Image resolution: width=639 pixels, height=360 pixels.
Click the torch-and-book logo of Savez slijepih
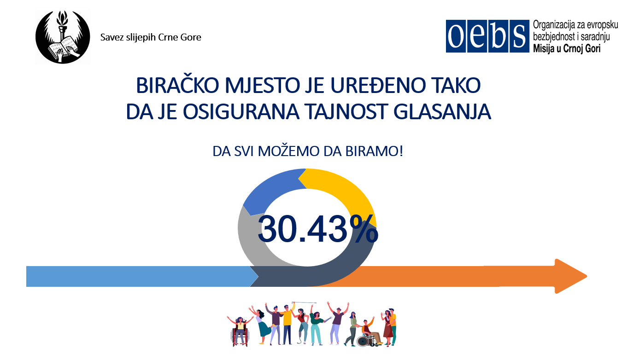(63, 37)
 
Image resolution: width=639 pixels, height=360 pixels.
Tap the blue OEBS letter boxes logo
(487, 36)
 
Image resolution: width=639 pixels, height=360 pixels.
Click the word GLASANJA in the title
(442, 112)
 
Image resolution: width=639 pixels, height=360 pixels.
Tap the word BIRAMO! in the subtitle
(374, 151)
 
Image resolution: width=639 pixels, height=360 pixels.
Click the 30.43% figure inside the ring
(317, 229)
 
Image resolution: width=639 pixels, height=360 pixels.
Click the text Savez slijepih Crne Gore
(151, 37)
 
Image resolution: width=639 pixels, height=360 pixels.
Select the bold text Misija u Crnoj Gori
(567, 49)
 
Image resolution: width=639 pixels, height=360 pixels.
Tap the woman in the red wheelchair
(240, 331)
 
